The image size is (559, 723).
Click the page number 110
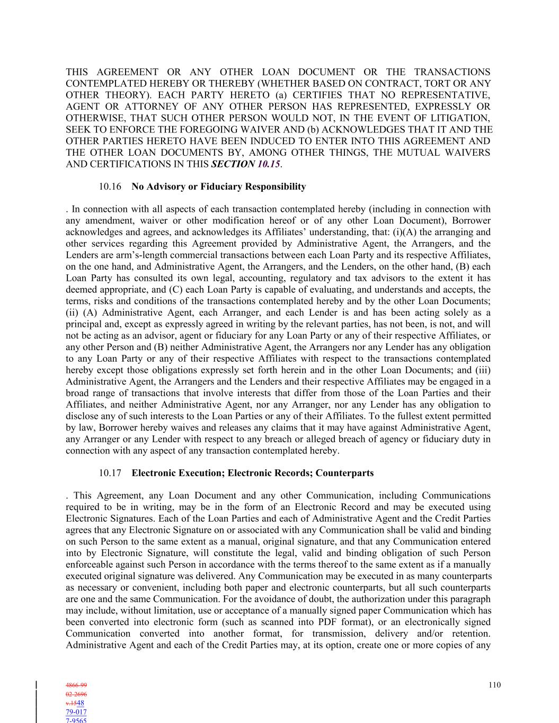tap(494, 685)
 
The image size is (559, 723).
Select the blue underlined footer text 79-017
tap(76, 712)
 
